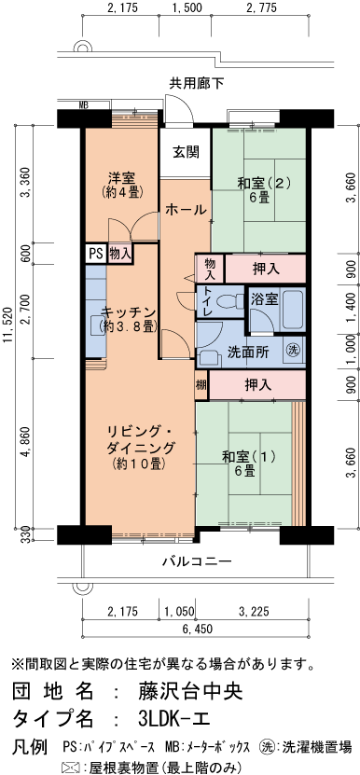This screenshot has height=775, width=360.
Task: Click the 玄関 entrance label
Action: (x=185, y=153)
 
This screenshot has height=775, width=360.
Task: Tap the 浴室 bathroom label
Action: (x=264, y=299)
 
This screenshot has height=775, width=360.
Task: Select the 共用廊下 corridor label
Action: (x=196, y=84)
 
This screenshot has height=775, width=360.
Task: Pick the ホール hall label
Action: (x=186, y=211)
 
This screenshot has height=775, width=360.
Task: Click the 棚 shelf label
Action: (x=201, y=358)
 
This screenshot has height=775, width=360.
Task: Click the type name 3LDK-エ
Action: (x=174, y=720)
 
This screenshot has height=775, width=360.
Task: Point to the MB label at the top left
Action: (x=84, y=105)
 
